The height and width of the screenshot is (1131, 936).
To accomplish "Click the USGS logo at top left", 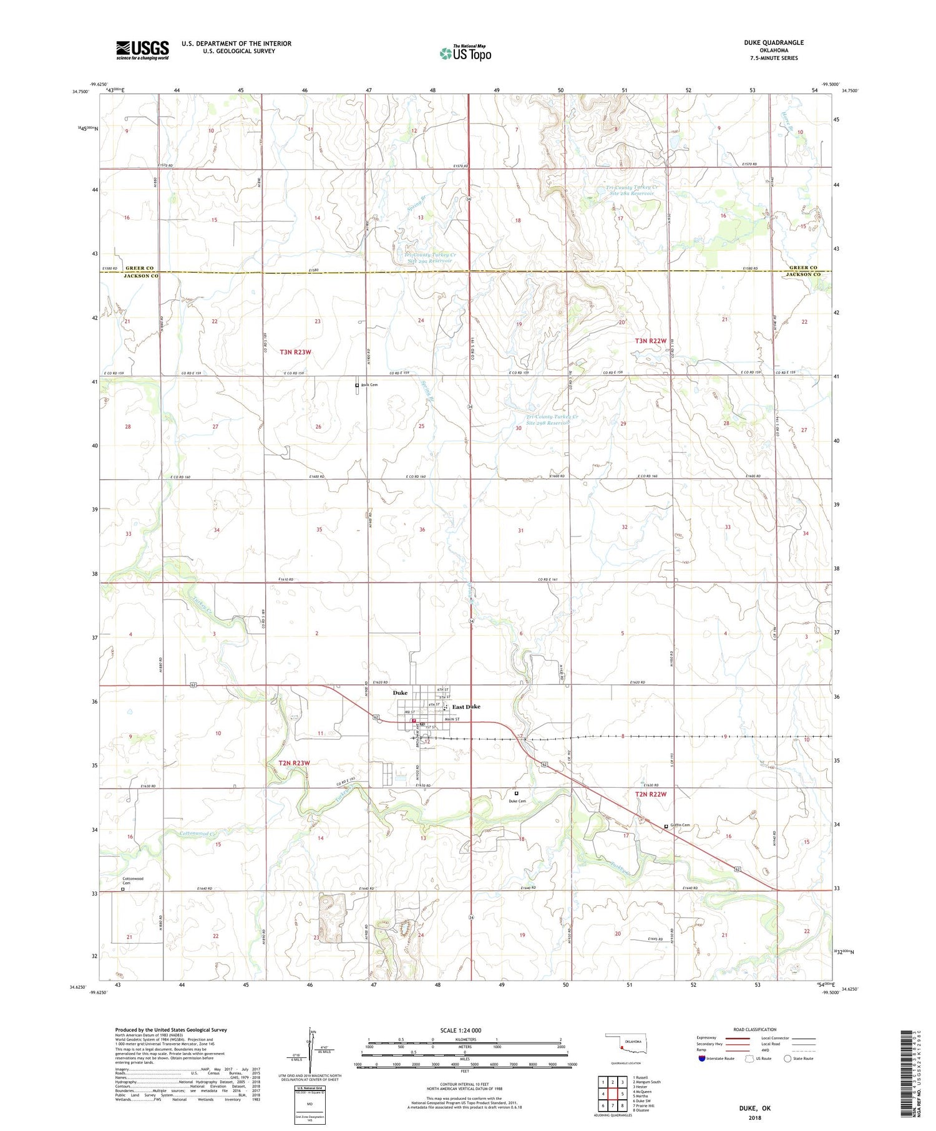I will (142, 50).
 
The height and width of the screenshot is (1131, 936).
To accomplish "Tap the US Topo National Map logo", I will (465, 53).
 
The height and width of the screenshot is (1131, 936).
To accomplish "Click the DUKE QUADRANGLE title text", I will (773, 42).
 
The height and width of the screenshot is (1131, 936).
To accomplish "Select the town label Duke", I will (400, 693).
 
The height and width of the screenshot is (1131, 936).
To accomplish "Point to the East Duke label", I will (466, 707).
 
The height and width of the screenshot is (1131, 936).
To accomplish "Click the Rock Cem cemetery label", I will (369, 385).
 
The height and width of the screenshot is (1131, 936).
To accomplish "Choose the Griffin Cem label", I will (681, 825).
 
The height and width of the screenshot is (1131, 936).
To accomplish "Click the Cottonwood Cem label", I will (132, 881).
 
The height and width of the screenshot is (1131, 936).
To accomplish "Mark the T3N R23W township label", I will (295, 352).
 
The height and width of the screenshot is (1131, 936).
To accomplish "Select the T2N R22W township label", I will (651, 794).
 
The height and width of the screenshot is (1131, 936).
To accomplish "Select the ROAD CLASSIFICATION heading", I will (754, 1029).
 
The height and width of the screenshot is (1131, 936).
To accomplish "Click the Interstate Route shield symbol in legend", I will (701, 1059).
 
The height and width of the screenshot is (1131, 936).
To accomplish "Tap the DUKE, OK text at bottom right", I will (754, 1108).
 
